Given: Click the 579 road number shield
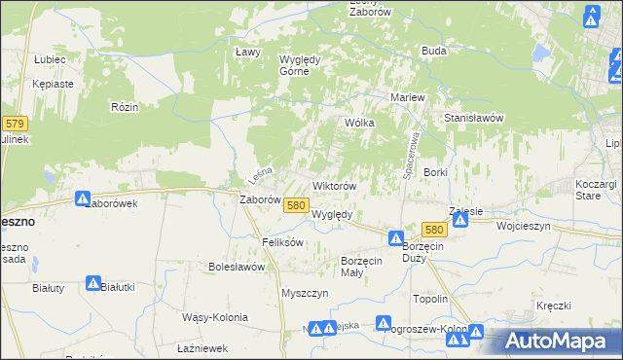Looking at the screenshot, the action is [x=15, y=124].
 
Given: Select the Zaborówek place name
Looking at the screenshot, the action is [x=111, y=203].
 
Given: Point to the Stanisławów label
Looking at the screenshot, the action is [x=473, y=117].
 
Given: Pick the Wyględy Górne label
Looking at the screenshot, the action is [x=301, y=64].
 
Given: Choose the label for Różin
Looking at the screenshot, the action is [x=124, y=106].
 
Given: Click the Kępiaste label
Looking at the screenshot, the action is [x=53, y=84].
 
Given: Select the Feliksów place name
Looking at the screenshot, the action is [x=284, y=241].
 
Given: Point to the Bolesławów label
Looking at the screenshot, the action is [x=238, y=266].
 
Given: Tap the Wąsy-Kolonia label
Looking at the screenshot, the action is [x=215, y=317].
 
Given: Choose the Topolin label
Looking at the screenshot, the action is [x=430, y=299].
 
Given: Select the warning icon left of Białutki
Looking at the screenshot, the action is [x=93, y=284].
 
